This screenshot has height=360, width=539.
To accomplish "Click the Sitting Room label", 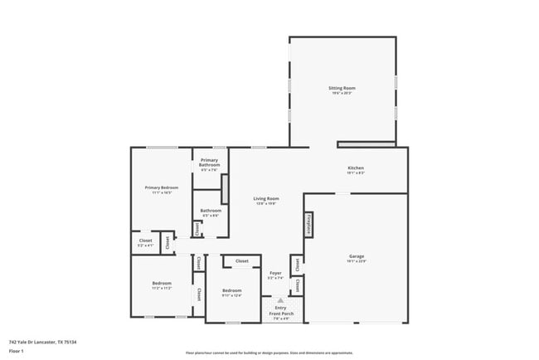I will [342, 87].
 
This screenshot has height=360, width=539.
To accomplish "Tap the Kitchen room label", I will [355, 168].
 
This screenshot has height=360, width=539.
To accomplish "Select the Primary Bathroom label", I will [210, 163].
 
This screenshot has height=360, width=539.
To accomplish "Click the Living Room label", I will [265, 198].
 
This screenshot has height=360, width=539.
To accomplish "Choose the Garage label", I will [357, 257].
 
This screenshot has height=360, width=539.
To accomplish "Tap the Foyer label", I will [275, 273].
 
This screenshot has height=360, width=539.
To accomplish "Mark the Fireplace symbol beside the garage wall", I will [309, 224].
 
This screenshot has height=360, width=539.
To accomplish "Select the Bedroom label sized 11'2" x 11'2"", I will [161, 284].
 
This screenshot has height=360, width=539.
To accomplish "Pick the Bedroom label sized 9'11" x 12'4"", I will [231, 290].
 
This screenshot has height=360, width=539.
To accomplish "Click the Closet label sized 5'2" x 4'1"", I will [145, 241].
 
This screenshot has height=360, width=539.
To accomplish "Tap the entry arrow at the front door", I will [279, 299].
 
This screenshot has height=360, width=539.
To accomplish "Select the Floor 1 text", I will [16, 351].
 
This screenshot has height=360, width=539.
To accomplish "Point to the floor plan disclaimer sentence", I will [269, 353].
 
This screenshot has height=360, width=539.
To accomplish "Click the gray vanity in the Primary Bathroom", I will [224, 190].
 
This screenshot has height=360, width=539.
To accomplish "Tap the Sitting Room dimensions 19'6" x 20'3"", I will [342, 93].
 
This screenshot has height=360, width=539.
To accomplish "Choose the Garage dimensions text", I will [357, 263].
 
